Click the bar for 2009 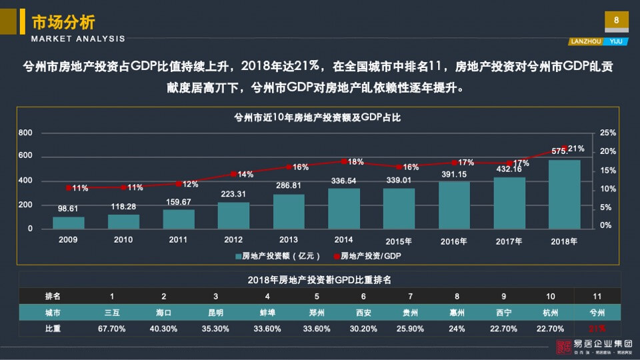69,223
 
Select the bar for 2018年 565,195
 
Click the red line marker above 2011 178,183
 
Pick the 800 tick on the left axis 25,133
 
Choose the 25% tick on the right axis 607,133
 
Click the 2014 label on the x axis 344,239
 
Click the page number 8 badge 616,21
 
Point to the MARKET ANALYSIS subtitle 78,39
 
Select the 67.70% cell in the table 112,328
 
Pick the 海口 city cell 164,311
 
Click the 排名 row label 53,295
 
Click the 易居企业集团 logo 595,346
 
